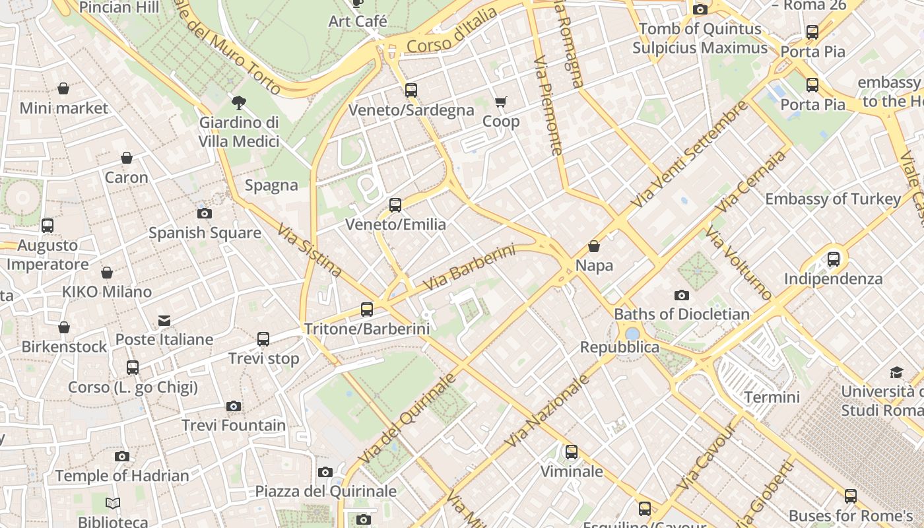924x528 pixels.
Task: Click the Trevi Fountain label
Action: tap(234, 426)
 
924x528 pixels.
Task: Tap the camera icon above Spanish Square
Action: tap(205, 213)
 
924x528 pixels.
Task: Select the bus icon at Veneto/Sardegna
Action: tap(411, 90)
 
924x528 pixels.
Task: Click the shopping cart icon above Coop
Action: tap(501, 102)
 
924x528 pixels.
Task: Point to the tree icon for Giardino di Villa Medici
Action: tap(239, 102)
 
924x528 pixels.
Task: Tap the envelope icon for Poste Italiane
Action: tap(164, 321)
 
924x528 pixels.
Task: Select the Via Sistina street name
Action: tap(309, 249)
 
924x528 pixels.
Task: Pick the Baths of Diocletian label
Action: tap(682, 314)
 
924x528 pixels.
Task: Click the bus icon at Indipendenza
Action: tap(834, 259)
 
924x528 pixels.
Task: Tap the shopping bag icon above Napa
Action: tap(594, 247)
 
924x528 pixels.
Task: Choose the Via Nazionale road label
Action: tap(546, 411)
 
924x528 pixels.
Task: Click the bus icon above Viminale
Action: tap(572, 452)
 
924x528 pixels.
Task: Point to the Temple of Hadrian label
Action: tap(122, 476)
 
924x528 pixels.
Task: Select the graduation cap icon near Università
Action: tap(896, 372)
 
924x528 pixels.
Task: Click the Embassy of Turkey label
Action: tap(833, 199)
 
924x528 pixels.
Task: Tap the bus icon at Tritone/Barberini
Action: tap(367, 309)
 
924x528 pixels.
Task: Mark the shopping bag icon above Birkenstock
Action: tap(64, 327)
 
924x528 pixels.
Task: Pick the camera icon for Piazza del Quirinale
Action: tap(325, 472)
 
